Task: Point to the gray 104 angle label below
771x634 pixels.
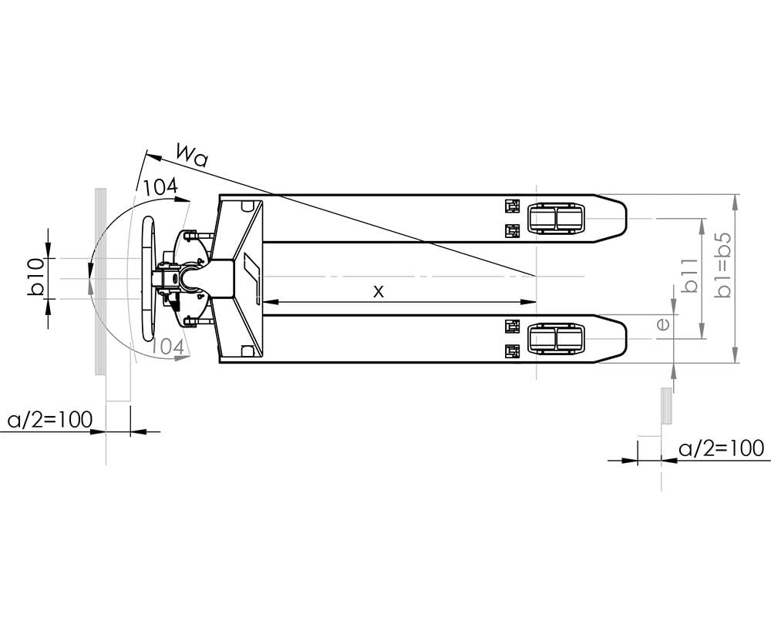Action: (167, 347)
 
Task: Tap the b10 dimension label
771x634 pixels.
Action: (35, 278)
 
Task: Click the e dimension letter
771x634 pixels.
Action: (662, 324)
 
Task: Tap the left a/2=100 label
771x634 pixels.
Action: (50, 420)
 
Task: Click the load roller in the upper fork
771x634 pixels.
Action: (555, 219)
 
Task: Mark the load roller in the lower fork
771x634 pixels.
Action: (555, 340)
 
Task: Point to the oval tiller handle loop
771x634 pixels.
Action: (148, 278)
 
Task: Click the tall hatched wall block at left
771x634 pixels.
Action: (99, 281)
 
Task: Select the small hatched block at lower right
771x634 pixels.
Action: (667, 407)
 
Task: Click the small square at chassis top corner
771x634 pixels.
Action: (247, 206)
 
